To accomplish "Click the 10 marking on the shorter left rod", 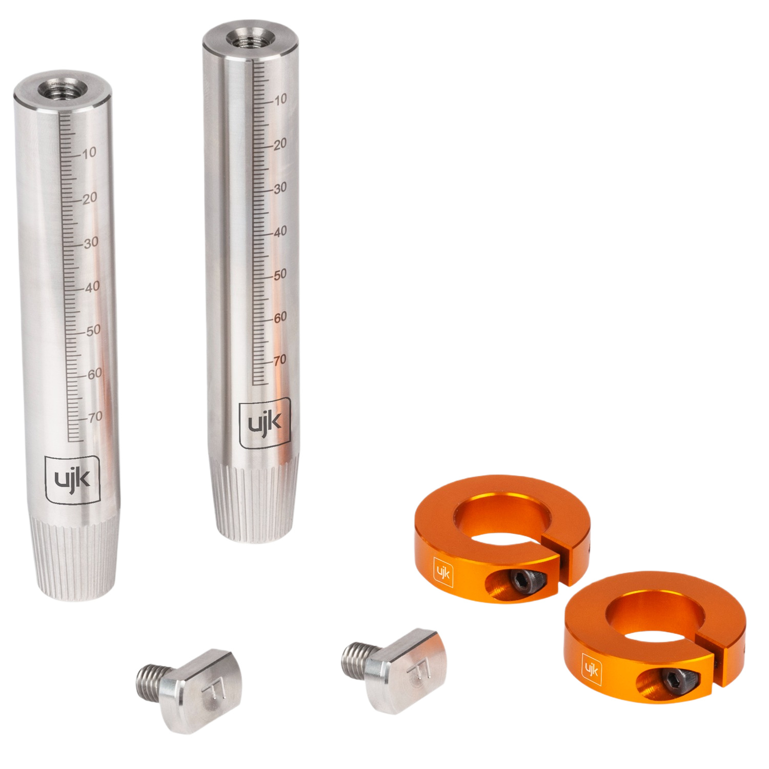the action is click(89, 153).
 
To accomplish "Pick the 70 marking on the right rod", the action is click(280, 360).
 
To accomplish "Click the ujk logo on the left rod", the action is click(72, 479).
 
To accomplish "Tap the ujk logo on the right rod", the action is click(265, 423).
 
